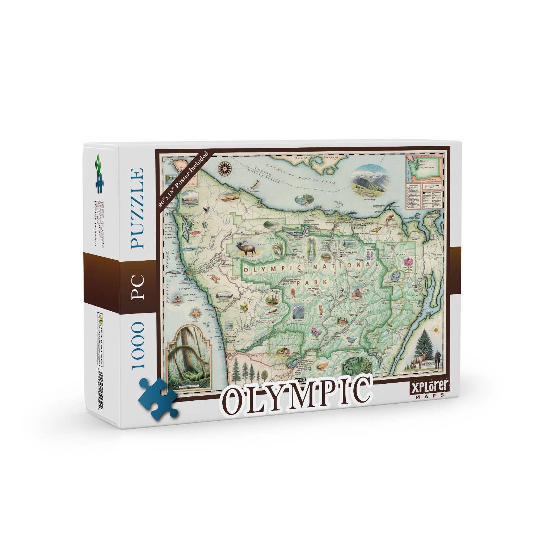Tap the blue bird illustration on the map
(351, 340)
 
